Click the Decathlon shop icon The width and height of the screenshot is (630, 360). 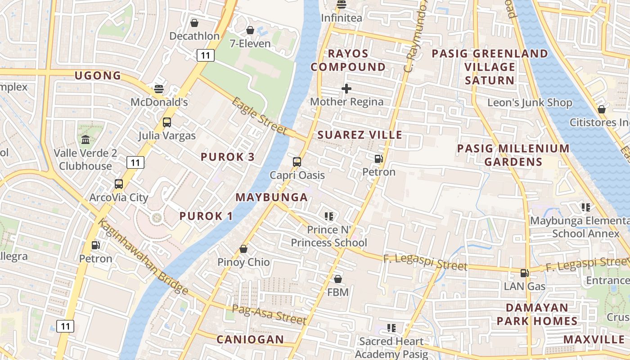[194, 23]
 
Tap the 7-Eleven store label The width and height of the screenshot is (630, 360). [250, 44]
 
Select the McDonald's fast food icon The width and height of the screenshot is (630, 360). [158, 89]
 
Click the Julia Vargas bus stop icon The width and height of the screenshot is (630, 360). [167, 122]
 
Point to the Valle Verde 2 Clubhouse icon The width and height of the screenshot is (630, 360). [85, 139]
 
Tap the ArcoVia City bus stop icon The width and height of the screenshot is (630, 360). [119, 184]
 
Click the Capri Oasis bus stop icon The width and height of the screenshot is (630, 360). [297, 162]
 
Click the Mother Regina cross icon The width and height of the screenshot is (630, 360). [346, 89]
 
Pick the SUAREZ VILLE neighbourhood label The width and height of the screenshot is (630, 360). [360, 135]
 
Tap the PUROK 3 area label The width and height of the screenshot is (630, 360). [228, 157]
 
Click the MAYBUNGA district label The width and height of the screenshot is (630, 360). [272, 197]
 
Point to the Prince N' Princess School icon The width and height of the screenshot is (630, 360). [329, 216]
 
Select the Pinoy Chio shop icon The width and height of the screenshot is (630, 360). [243, 249]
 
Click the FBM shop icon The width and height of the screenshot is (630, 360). [338, 279]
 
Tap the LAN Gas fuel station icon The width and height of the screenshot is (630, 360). [524, 273]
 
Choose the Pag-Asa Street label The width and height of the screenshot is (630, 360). [269, 315]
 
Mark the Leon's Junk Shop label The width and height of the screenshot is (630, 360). [530, 103]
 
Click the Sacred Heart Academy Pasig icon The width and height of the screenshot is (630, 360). [391, 328]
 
